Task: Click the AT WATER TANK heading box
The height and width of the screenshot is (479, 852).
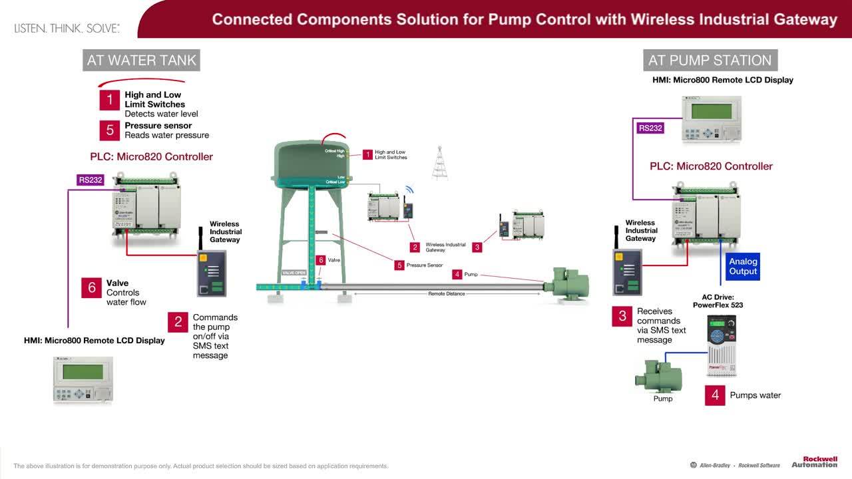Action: (141, 60)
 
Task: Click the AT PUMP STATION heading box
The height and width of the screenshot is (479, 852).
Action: (710, 60)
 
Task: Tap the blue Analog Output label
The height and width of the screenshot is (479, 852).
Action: (743, 266)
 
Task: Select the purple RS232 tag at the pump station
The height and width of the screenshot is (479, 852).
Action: (650, 128)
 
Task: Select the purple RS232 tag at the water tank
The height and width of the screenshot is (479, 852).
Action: (91, 180)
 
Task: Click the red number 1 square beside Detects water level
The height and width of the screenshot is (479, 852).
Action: (110, 100)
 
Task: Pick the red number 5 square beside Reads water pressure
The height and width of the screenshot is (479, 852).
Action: (110, 130)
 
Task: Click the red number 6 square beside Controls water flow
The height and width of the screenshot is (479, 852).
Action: (92, 287)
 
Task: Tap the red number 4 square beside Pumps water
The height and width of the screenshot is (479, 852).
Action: (715, 395)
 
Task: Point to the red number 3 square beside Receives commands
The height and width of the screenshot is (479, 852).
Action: (622, 317)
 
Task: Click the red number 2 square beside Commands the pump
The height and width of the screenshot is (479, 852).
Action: (178, 322)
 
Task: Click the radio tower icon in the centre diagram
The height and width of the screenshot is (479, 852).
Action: (440, 163)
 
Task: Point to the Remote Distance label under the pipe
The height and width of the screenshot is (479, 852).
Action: (446, 293)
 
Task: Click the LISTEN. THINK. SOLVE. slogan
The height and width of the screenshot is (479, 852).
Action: (67, 29)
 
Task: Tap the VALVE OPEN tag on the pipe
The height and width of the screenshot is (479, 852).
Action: (294, 273)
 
